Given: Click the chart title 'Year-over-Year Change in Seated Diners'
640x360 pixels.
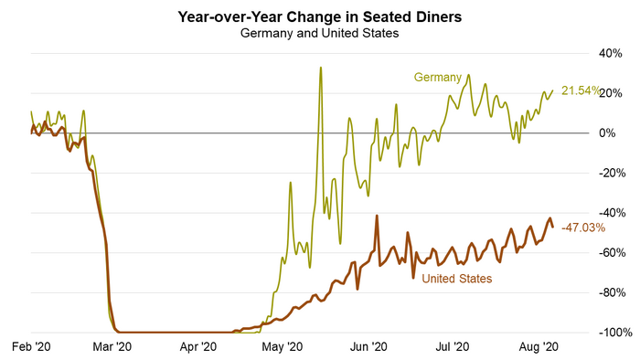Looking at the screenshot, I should [319, 16].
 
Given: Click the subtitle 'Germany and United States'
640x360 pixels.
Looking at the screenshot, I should [319, 34].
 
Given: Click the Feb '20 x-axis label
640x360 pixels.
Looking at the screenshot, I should [31, 347].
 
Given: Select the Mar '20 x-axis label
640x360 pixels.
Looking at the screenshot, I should [113, 347].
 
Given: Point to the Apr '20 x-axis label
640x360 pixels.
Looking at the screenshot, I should [197, 347].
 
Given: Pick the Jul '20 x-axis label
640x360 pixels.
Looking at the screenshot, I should [453, 347].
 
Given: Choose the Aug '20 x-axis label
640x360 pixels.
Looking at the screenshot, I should [538, 347].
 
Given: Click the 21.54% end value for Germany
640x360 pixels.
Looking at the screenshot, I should [580, 90].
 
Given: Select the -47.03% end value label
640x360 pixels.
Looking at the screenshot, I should [583, 228].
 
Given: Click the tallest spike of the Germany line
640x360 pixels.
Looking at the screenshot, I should [320, 68].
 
